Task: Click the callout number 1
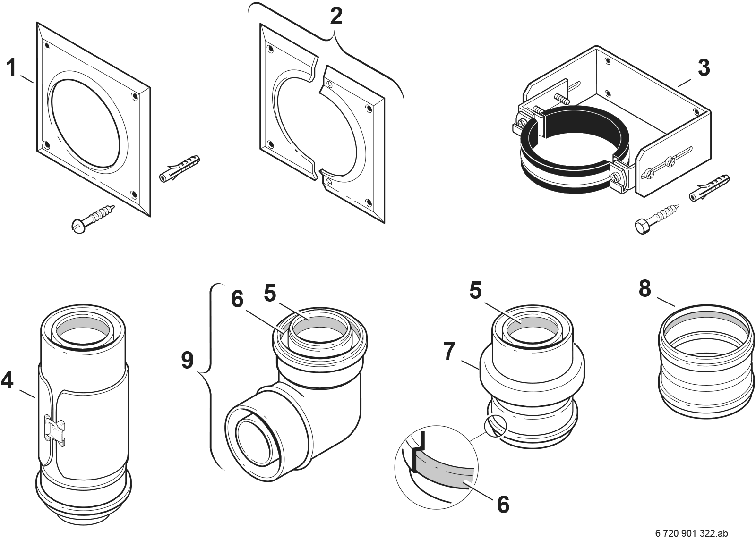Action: pyautogui.click(x=11, y=68)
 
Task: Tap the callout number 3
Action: pyautogui.click(x=704, y=68)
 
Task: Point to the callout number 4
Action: pyautogui.click(x=8, y=380)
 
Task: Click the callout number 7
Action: pyautogui.click(x=450, y=352)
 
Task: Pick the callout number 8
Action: pyautogui.click(x=645, y=288)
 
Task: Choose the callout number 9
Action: pyautogui.click(x=188, y=361)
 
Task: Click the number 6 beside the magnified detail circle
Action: pyautogui.click(x=503, y=504)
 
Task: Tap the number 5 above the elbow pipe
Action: pyautogui.click(x=270, y=294)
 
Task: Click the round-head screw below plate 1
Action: pyautogui.click(x=94, y=217)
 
